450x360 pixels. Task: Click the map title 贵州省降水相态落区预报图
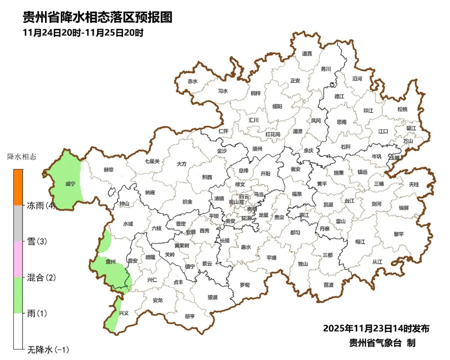(97, 17)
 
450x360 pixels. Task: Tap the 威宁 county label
(70, 184)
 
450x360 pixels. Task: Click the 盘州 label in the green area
(110, 262)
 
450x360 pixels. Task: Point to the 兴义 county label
(124, 313)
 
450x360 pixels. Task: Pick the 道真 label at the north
(307, 53)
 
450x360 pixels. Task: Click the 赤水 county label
(192, 81)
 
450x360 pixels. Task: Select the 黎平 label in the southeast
(399, 234)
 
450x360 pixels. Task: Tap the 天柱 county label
(414, 184)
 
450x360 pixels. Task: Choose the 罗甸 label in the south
(245, 285)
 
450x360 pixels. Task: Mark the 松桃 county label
(402, 109)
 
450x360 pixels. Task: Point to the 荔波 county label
(328, 285)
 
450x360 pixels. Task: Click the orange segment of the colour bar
(18, 187)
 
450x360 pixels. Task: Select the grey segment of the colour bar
(18, 223)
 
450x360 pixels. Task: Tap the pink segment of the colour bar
(18, 259)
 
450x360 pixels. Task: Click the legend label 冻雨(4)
(41, 205)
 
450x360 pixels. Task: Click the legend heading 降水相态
(22, 157)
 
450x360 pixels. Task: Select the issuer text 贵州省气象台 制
(382, 343)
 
